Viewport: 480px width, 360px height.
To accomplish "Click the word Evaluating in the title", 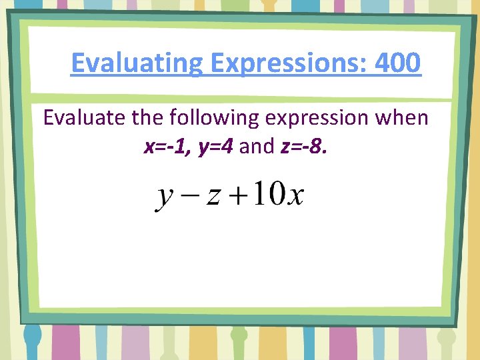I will (x=137, y=63).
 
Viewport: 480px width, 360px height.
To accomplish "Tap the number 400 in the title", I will (x=398, y=63).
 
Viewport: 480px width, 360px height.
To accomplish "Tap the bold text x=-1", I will (x=167, y=146).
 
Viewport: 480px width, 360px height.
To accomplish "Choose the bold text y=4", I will (x=215, y=146).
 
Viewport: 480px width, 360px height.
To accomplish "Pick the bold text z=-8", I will (x=304, y=146).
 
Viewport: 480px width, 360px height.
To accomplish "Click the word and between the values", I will (x=257, y=146).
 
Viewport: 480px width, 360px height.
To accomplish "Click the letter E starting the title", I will (x=77, y=63).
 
